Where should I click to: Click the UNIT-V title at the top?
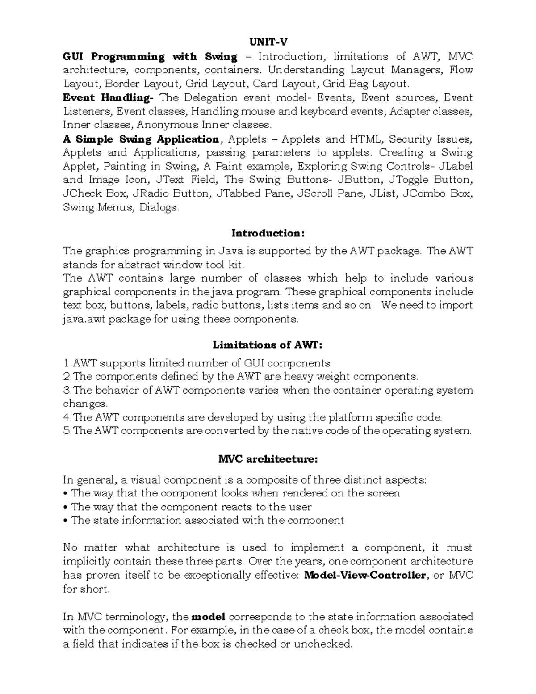pos(268,42)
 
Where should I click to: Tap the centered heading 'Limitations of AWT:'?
pos(268,345)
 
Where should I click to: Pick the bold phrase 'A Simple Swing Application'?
pos(141,139)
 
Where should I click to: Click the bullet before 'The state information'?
pos(66,521)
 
